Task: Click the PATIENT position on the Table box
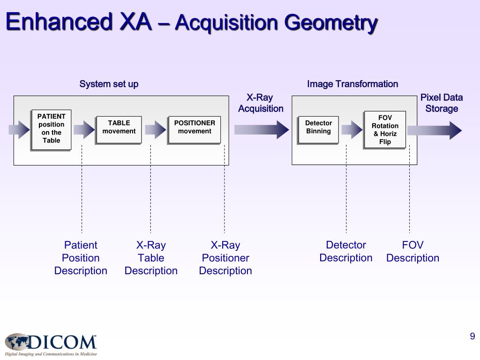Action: [x=51, y=129]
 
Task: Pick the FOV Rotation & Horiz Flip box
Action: [x=385, y=130]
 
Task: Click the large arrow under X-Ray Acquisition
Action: [x=261, y=129]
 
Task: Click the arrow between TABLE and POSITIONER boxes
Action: [x=155, y=130]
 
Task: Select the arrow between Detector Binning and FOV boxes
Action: [x=352, y=130]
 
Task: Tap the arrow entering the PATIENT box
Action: [x=19, y=130]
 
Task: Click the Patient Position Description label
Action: [x=81, y=258]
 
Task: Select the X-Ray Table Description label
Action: [x=151, y=258]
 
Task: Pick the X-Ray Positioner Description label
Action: [x=225, y=258]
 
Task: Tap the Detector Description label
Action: [x=346, y=252]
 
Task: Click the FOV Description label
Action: [x=412, y=252]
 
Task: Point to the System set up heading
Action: [x=109, y=84]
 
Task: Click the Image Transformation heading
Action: [x=352, y=84]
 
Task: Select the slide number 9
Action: [x=472, y=336]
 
